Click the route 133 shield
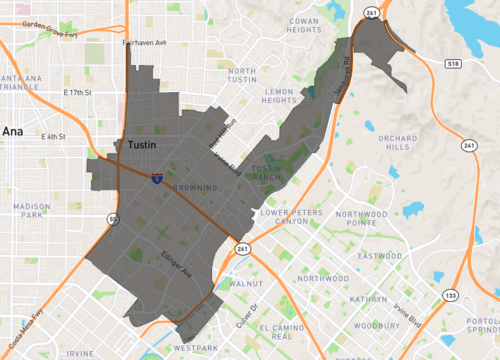click(x=451, y=295)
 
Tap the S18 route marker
click(x=452, y=63)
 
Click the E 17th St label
click(x=77, y=92)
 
